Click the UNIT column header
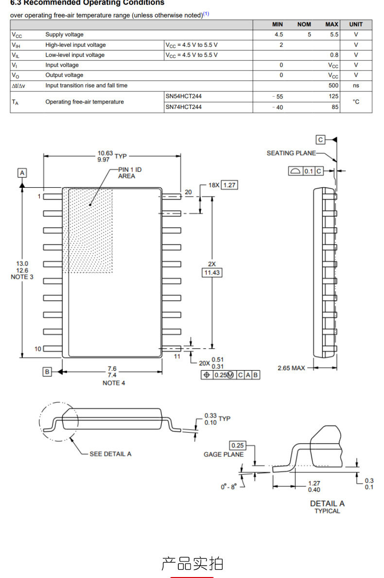pyautogui.click(x=356, y=24)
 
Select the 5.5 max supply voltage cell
pyautogui.click(x=334, y=34)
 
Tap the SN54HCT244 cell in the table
pyautogui.click(x=183, y=96)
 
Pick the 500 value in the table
pyautogui.click(x=333, y=85)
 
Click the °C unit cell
pyautogui.click(x=356, y=102)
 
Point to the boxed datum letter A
pyautogui.click(x=22, y=173)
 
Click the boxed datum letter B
pyautogui.click(x=47, y=372)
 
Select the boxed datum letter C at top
pyautogui.click(x=320, y=140)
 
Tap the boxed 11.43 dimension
pyautogui.click(x=212, y=273)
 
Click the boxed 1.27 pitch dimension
pyautogui.click(x=229, y=185)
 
